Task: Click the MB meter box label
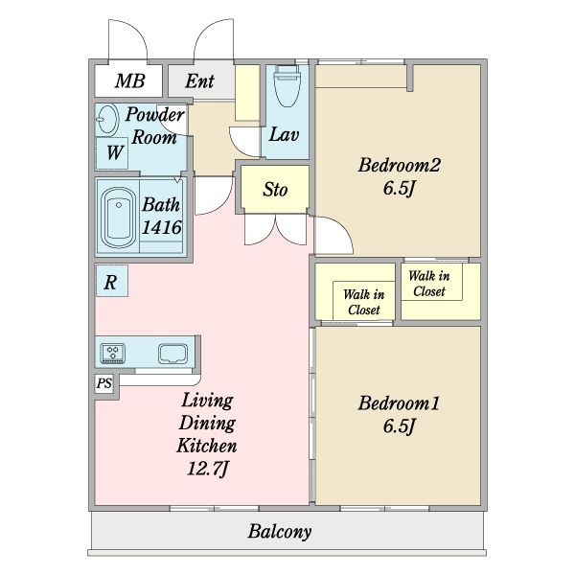[x=129, y=81]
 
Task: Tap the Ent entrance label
[x=199, y=81]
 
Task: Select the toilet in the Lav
[x=287, y=86]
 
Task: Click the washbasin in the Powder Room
[x=107, y=120]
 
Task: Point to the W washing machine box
[x=112, y=153]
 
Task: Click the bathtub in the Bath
[x=118, y=218]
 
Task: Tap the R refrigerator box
[x=112, y=281]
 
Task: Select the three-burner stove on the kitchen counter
[x=113, y=353]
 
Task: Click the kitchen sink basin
[x=173, y=354]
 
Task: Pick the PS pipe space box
[x=104, y=383]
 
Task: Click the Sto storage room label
[x=275, y=190]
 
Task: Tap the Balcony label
[x=280, y=531]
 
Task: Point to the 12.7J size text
[x=208, y=469]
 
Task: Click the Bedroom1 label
[x=399, y=403]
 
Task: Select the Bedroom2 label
[x=399, y=165]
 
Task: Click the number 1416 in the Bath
[x=161, y=227]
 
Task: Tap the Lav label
[x=284, y=134]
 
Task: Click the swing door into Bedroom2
[x=333, y=235]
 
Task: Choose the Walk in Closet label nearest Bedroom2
[x=429, y=284]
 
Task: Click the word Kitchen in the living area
[x=207, y=446]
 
